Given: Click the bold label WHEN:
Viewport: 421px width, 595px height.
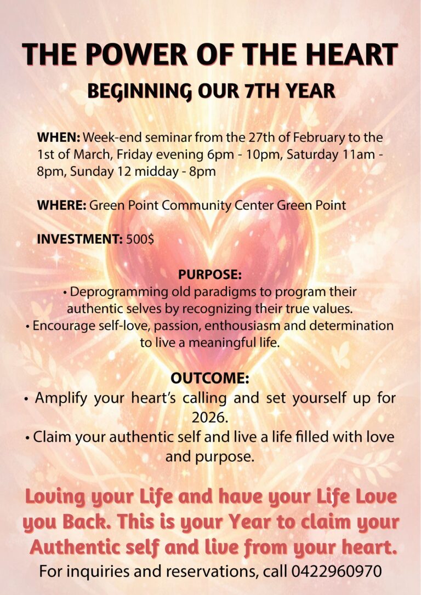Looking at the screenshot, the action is (x=59, y=137).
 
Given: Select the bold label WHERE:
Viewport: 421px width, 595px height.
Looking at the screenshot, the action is (x=62, y=205).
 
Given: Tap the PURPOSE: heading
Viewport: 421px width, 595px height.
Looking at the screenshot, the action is (x=210, y=274).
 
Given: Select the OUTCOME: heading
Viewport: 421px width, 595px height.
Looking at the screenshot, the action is (x=210, y=378).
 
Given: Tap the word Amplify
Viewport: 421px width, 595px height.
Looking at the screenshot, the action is (x=61, y=398).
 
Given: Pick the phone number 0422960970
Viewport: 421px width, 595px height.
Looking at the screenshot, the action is (x=337, y=571).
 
